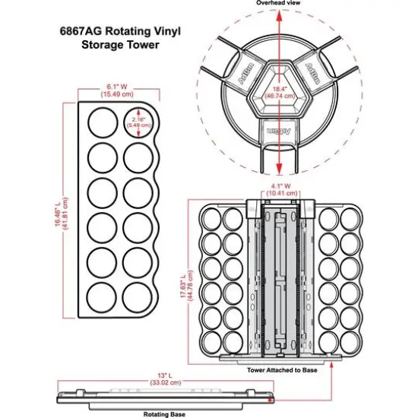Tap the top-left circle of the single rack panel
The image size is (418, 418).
coord(100,122)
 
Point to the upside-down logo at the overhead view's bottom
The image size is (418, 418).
coord(280,131)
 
